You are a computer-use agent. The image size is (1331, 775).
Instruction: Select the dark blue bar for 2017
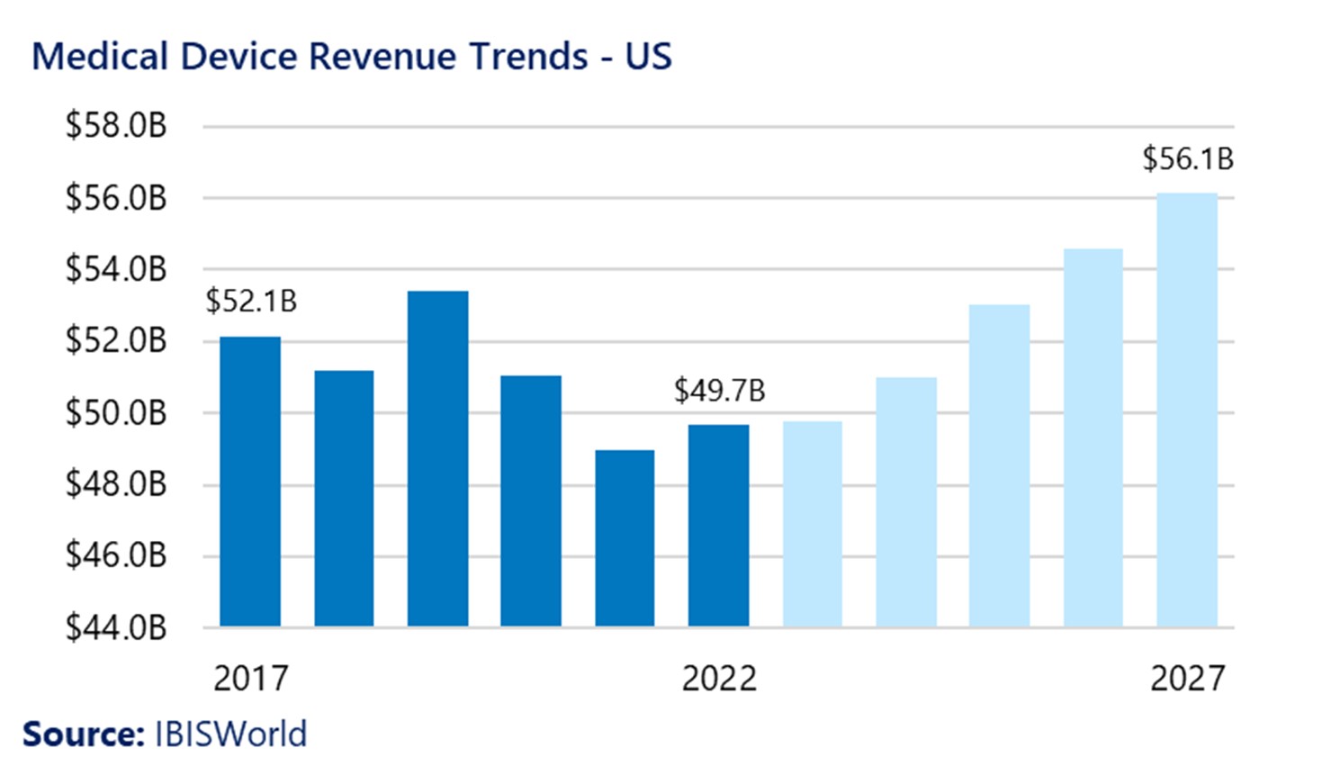(250, 482)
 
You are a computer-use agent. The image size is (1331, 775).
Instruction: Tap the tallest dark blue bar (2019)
(437, 459)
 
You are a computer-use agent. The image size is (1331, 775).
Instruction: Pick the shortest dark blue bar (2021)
(625, 538)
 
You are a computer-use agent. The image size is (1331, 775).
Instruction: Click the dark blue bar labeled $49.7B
(718, 526)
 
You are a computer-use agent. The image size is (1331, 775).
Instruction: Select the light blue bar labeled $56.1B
(1186, 410)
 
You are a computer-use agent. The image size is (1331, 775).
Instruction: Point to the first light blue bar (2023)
(812, 524)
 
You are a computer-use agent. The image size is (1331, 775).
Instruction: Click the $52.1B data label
(251, 302)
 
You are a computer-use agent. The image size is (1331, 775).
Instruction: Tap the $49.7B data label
(719, 392)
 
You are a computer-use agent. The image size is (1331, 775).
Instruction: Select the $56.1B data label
(1187, 159)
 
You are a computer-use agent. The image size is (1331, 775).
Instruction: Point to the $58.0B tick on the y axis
(116, 126)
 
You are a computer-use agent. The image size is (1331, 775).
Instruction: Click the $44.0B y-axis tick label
(116, 627)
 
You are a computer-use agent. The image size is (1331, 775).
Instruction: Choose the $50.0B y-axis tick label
(116, 413)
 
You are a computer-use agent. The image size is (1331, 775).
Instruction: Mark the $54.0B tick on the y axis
(116, 269)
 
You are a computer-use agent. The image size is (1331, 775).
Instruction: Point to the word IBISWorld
(230, 734)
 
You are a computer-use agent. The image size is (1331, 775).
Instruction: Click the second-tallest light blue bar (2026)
(1093, 437)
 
